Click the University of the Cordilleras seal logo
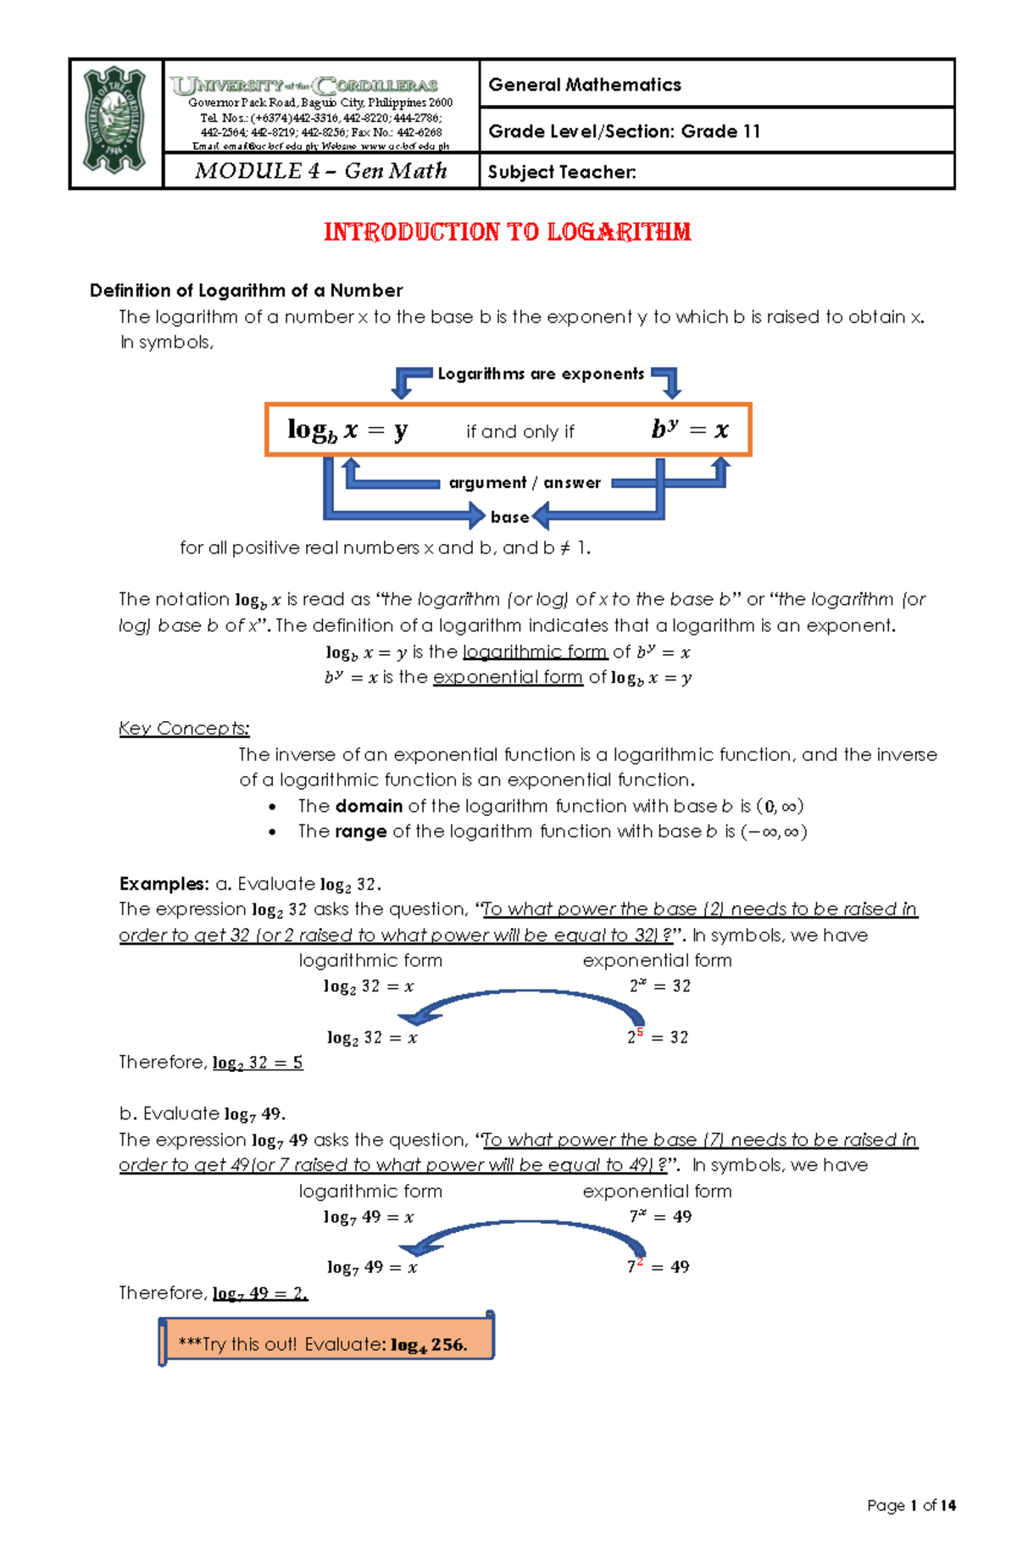click(x=115, y=122)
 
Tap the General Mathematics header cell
click(x=585, y=85)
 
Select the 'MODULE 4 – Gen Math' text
click(x=320, y=171)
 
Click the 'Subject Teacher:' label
click(x=562, y=172)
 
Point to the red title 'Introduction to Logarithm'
click(x=507, y=232)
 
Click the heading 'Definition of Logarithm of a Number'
click(x=246, y=291)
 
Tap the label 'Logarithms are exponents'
click(x=541, y=374)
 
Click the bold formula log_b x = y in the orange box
click(x=347, y=430)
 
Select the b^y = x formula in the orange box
click(x=689, y=430)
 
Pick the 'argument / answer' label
click(x=525, y=482)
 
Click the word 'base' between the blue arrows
click(x=509, y=517)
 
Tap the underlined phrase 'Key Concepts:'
click(x=184, y=728)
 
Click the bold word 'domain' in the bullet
click(x=369, y=806)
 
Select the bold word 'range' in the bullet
click(x=360, y=831)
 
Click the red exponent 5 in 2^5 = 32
click(x=640, y=1032)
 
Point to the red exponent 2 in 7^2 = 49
click(x=639, y=1262)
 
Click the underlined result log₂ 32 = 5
click(x=257, y=1063)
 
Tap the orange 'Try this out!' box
click(x=326, y=1343)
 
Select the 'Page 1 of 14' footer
click(x=911, y=1505)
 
